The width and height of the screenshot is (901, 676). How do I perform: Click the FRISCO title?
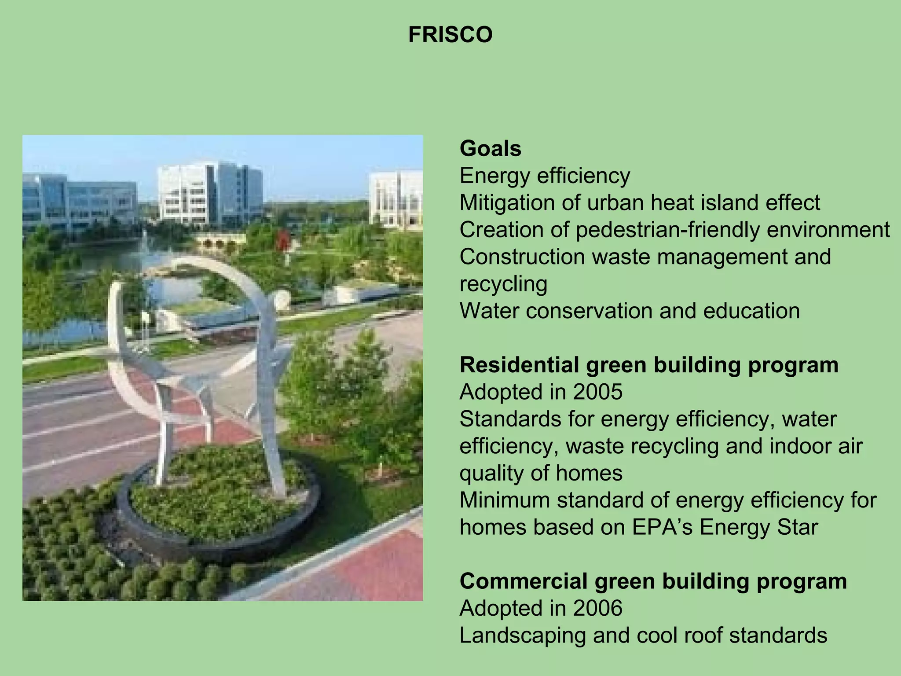click(450, 35)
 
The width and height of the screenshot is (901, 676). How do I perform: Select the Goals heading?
click(490, 149)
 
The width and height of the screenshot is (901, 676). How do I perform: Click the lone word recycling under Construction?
click(503, 284)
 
